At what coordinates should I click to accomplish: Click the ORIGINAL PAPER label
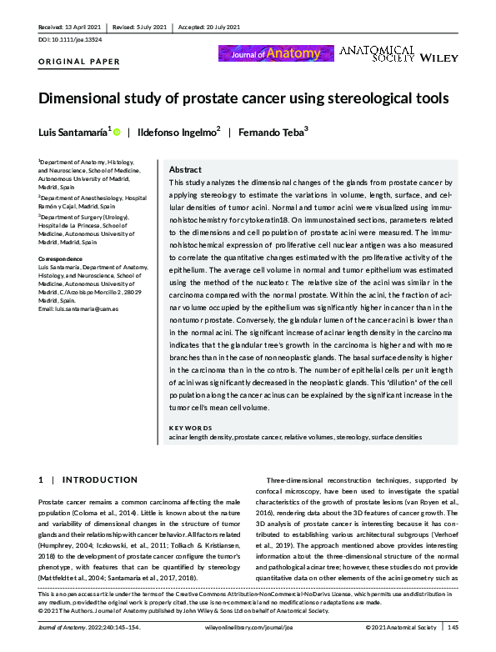coord(79,62)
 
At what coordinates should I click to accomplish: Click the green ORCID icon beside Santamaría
coord(117,132)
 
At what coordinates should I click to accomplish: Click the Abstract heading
coord(184,168)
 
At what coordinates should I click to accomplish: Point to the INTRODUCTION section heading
coord(94,480)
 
